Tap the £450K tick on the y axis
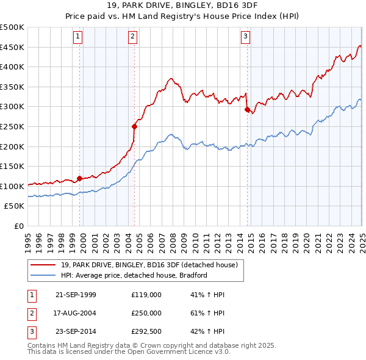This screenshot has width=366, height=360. [x=12, y=48]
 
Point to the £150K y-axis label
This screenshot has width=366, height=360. [x=12, y=166]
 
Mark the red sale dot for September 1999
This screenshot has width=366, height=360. [x=80, y=179]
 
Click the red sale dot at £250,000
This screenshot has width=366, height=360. [x=135, y=127]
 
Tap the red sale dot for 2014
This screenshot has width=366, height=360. [x=247, y=110]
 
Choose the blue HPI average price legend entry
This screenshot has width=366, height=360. [x=134, y=275]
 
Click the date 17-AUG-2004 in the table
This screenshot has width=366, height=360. [x=76, y=313]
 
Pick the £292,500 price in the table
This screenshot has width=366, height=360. [x=146, y=331]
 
